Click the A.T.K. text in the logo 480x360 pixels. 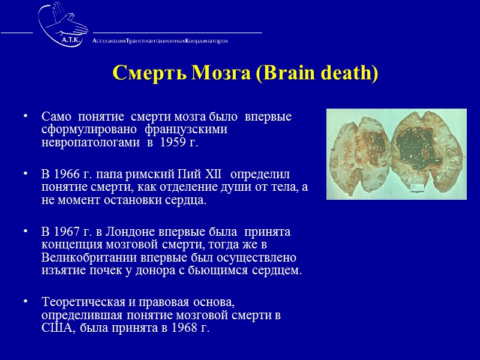tap(71, 39)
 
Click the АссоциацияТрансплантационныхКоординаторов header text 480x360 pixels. tap(160, 41)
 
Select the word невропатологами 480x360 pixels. tap(81, 145)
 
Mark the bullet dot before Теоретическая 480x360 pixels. tap(25, 301)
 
